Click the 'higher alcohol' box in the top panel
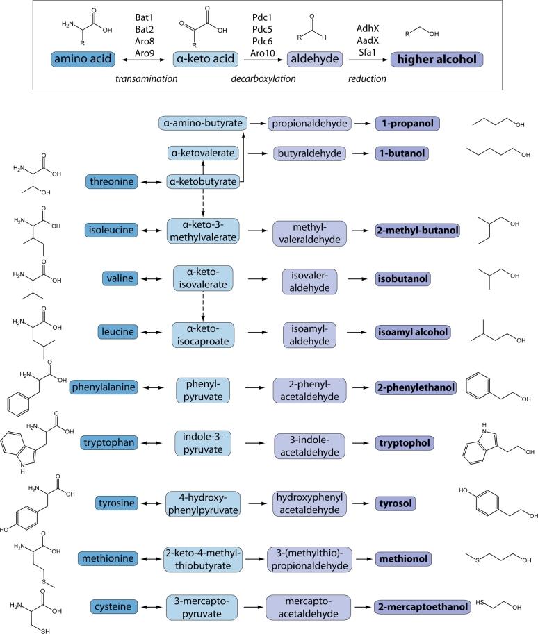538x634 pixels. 437,60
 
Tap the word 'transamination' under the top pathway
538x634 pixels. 146,79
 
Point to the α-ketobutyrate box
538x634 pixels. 202,182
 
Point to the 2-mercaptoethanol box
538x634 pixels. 421,607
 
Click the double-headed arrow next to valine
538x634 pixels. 147,279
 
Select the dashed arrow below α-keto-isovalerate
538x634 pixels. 202,306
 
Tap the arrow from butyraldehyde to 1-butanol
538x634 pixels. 358,152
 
